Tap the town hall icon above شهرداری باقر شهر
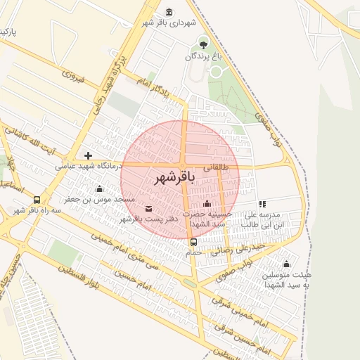click(x=169, y=12)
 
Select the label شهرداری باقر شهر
click(x=168, y=23)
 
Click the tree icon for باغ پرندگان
click(x=203, y=44)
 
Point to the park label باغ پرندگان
click(x=204, y=56)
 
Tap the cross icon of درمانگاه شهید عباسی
click(x=88, y=155)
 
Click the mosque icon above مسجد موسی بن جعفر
click(x=99, y=188)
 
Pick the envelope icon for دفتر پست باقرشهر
click(x=148, y=208)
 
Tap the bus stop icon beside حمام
click(x=193, y=242)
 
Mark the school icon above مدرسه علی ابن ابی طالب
click(x=262, y=204)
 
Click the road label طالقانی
click(x=217, y=168)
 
